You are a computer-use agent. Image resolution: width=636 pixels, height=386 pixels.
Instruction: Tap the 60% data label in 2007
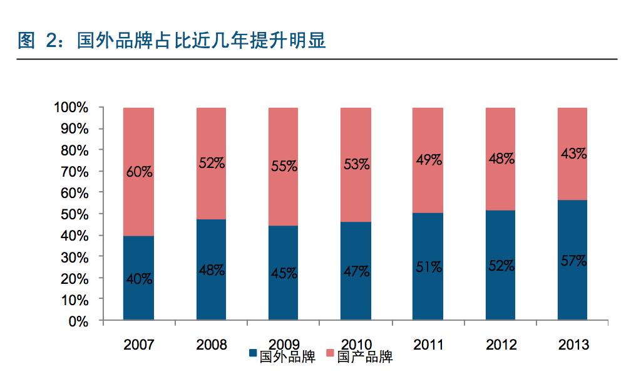coord(138,171)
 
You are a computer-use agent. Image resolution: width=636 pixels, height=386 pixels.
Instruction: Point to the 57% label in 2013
coord(572,261)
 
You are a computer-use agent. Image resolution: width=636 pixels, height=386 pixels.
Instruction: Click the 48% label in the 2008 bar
coord(211,271)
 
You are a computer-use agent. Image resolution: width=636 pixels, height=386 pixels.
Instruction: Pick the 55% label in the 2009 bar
coord(284,167)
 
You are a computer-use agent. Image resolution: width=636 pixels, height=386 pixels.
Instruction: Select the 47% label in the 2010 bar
coord(356,272)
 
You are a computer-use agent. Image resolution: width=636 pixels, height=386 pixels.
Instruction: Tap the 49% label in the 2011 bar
coord(428,160)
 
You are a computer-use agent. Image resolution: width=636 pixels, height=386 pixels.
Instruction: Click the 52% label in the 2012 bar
coord(501,266)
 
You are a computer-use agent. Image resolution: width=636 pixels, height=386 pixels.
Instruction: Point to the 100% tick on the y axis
coord(74,108)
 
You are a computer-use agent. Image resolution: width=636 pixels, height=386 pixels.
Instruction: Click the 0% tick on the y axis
coord(79,321)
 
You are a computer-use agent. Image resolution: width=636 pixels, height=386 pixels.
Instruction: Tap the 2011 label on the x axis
coord(428,345)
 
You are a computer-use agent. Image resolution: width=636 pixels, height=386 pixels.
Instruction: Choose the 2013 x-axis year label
coord(572,345)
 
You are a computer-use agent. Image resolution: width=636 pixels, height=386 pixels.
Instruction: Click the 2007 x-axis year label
coord(138,345)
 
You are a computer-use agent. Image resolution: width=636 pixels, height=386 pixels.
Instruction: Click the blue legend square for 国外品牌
coord(253,357)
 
